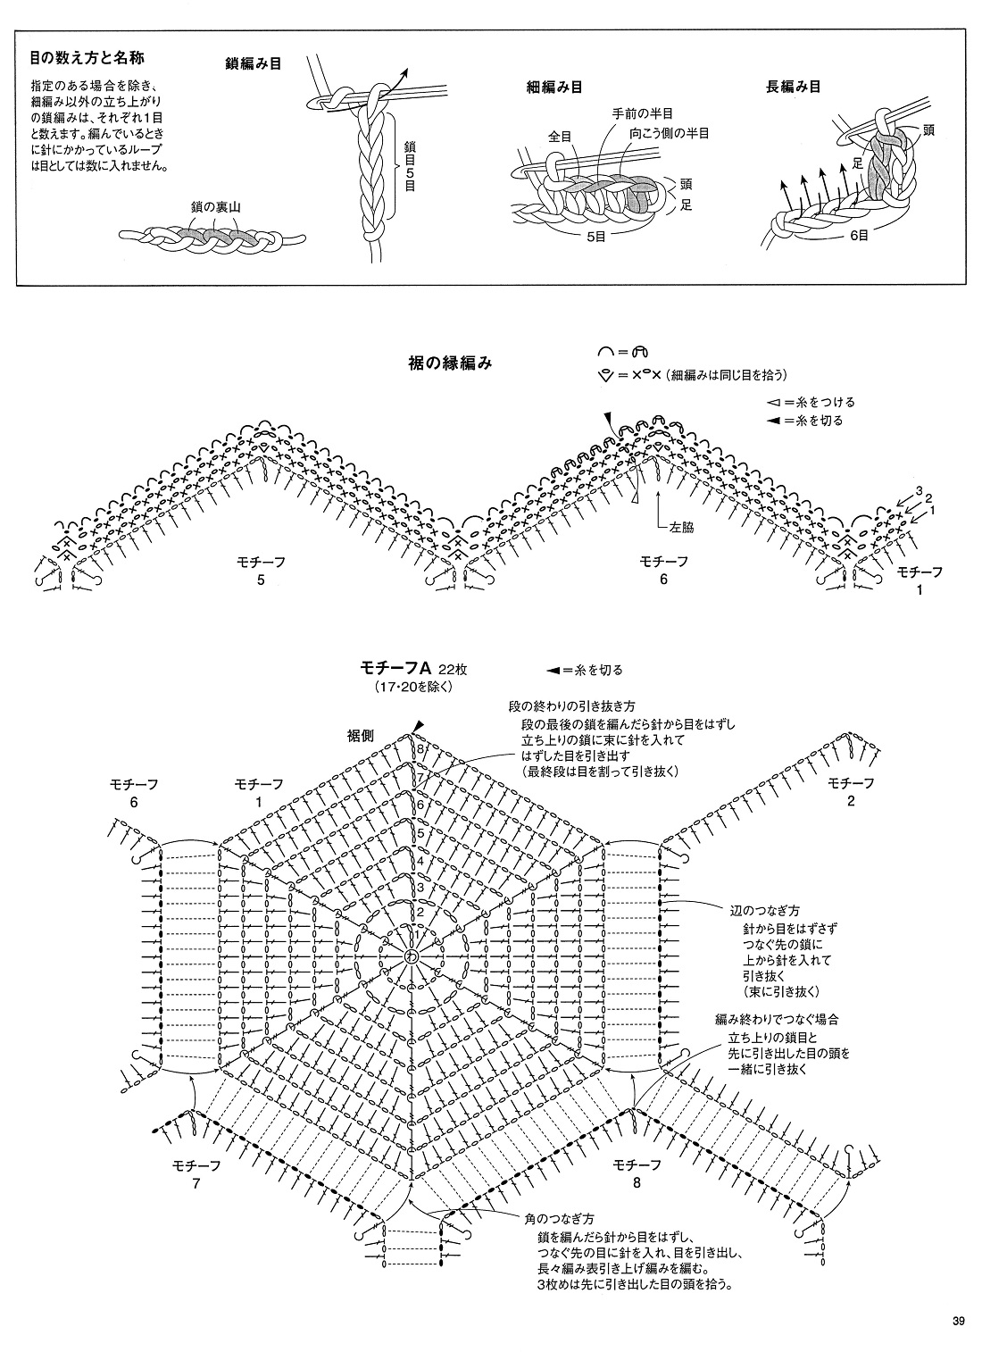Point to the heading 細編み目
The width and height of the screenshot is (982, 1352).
555,87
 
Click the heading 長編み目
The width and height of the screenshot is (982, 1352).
793,87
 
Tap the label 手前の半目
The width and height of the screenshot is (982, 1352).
641,113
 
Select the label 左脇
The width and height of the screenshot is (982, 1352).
682,527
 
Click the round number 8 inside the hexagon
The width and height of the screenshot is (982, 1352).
420,748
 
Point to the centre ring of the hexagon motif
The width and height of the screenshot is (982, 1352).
412,956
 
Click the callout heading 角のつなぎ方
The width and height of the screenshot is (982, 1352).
560,1218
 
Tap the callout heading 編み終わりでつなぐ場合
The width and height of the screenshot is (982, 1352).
776,1019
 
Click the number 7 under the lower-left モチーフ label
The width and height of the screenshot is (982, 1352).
196,1184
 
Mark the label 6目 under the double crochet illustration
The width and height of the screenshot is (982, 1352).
860,237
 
